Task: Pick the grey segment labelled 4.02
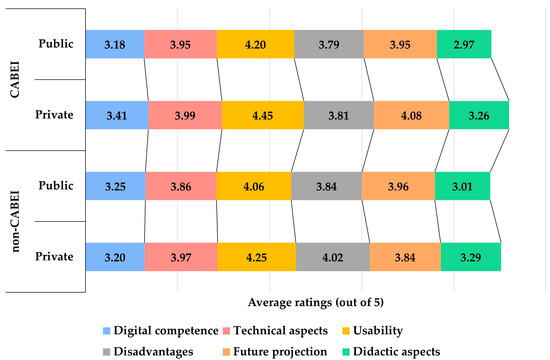coord(333,256)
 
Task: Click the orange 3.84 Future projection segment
coord(405,256)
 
